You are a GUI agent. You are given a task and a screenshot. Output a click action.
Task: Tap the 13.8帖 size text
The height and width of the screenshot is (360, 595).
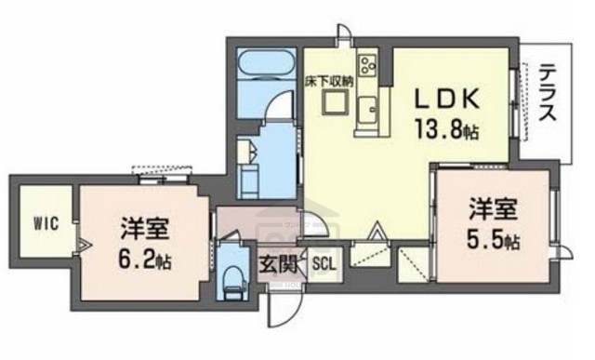coord(447,129)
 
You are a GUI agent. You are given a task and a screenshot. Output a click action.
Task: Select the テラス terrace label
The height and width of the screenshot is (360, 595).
coord(549,93)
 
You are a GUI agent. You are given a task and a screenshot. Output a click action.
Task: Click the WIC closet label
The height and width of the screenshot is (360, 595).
coord(46,223)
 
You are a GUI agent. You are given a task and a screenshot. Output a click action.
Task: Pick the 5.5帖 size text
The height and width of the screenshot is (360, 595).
coord(493,239)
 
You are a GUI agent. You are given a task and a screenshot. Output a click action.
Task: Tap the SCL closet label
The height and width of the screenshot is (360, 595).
coord(324,262)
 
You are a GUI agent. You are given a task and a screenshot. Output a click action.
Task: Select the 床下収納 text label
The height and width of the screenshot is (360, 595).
coord(329,81)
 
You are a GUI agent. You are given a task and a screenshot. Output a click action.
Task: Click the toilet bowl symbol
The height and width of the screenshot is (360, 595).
coord(231,278)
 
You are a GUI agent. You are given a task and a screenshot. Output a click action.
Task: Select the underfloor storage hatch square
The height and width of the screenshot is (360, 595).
coord(332,102)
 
